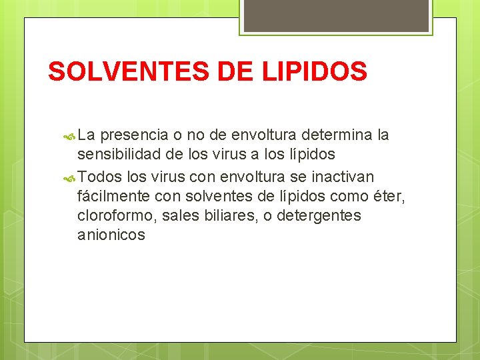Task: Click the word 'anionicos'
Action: tap(111, 235)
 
